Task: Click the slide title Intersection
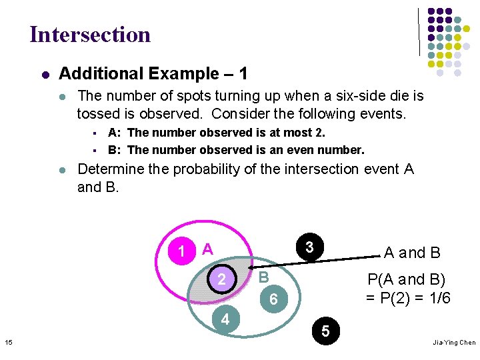(90, 34)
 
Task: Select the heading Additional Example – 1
(153, 73)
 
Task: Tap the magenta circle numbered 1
(181, 252)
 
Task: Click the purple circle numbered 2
(222, 279)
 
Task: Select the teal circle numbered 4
(225, 319)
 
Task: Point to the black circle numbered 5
(325, 330)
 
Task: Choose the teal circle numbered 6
(273, 301)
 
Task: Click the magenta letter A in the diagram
(207, 249)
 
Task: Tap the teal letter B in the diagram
(263, 277)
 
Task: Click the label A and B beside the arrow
(412, 253)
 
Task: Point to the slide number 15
(8, 342)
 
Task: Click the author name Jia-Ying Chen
(453, 342)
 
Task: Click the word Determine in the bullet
(110, 169)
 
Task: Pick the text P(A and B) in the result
(407, 279)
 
